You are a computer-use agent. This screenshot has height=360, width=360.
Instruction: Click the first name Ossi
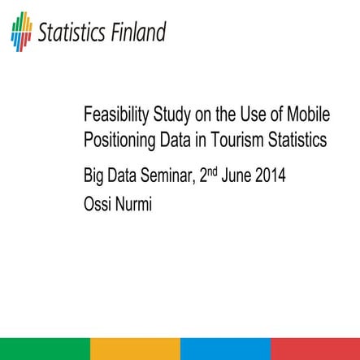pyautogui.click(x=99, y=197)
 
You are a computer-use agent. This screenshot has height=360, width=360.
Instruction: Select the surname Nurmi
pyautogui.click(x=137, y=197)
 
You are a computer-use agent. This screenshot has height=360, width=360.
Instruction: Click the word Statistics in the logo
pyautogui.click(x=72, y=33)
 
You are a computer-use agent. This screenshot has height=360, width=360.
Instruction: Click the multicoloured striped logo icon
pyautogui.click(x=22, y=31)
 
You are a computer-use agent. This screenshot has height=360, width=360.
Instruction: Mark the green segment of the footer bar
pyautogui.click(x=45, y=349)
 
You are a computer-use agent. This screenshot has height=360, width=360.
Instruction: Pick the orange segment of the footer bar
pyautogui.click(x=135, y=349)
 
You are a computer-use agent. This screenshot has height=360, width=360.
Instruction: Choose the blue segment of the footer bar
pyautogui.click(x=225, y=349)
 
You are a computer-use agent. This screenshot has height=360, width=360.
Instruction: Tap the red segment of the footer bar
pyautogui.click(x=315, y=349)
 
